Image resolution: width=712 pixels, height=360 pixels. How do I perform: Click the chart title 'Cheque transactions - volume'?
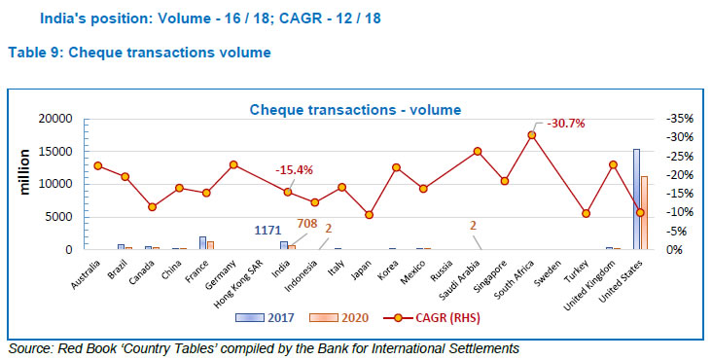pos(355,110)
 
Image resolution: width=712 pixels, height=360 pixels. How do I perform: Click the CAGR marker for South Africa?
pos(532,135)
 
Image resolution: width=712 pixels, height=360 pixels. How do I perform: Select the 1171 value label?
pos(267,231)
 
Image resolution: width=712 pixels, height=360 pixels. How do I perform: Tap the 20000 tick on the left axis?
pos(53,119)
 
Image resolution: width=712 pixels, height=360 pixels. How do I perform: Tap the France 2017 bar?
pos(202,243)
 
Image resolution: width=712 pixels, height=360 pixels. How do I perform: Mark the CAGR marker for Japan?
pos(369,215)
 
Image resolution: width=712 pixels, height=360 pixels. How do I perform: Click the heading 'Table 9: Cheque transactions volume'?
pos(139,53)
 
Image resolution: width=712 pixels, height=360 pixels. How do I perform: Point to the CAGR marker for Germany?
pos(233,164)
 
